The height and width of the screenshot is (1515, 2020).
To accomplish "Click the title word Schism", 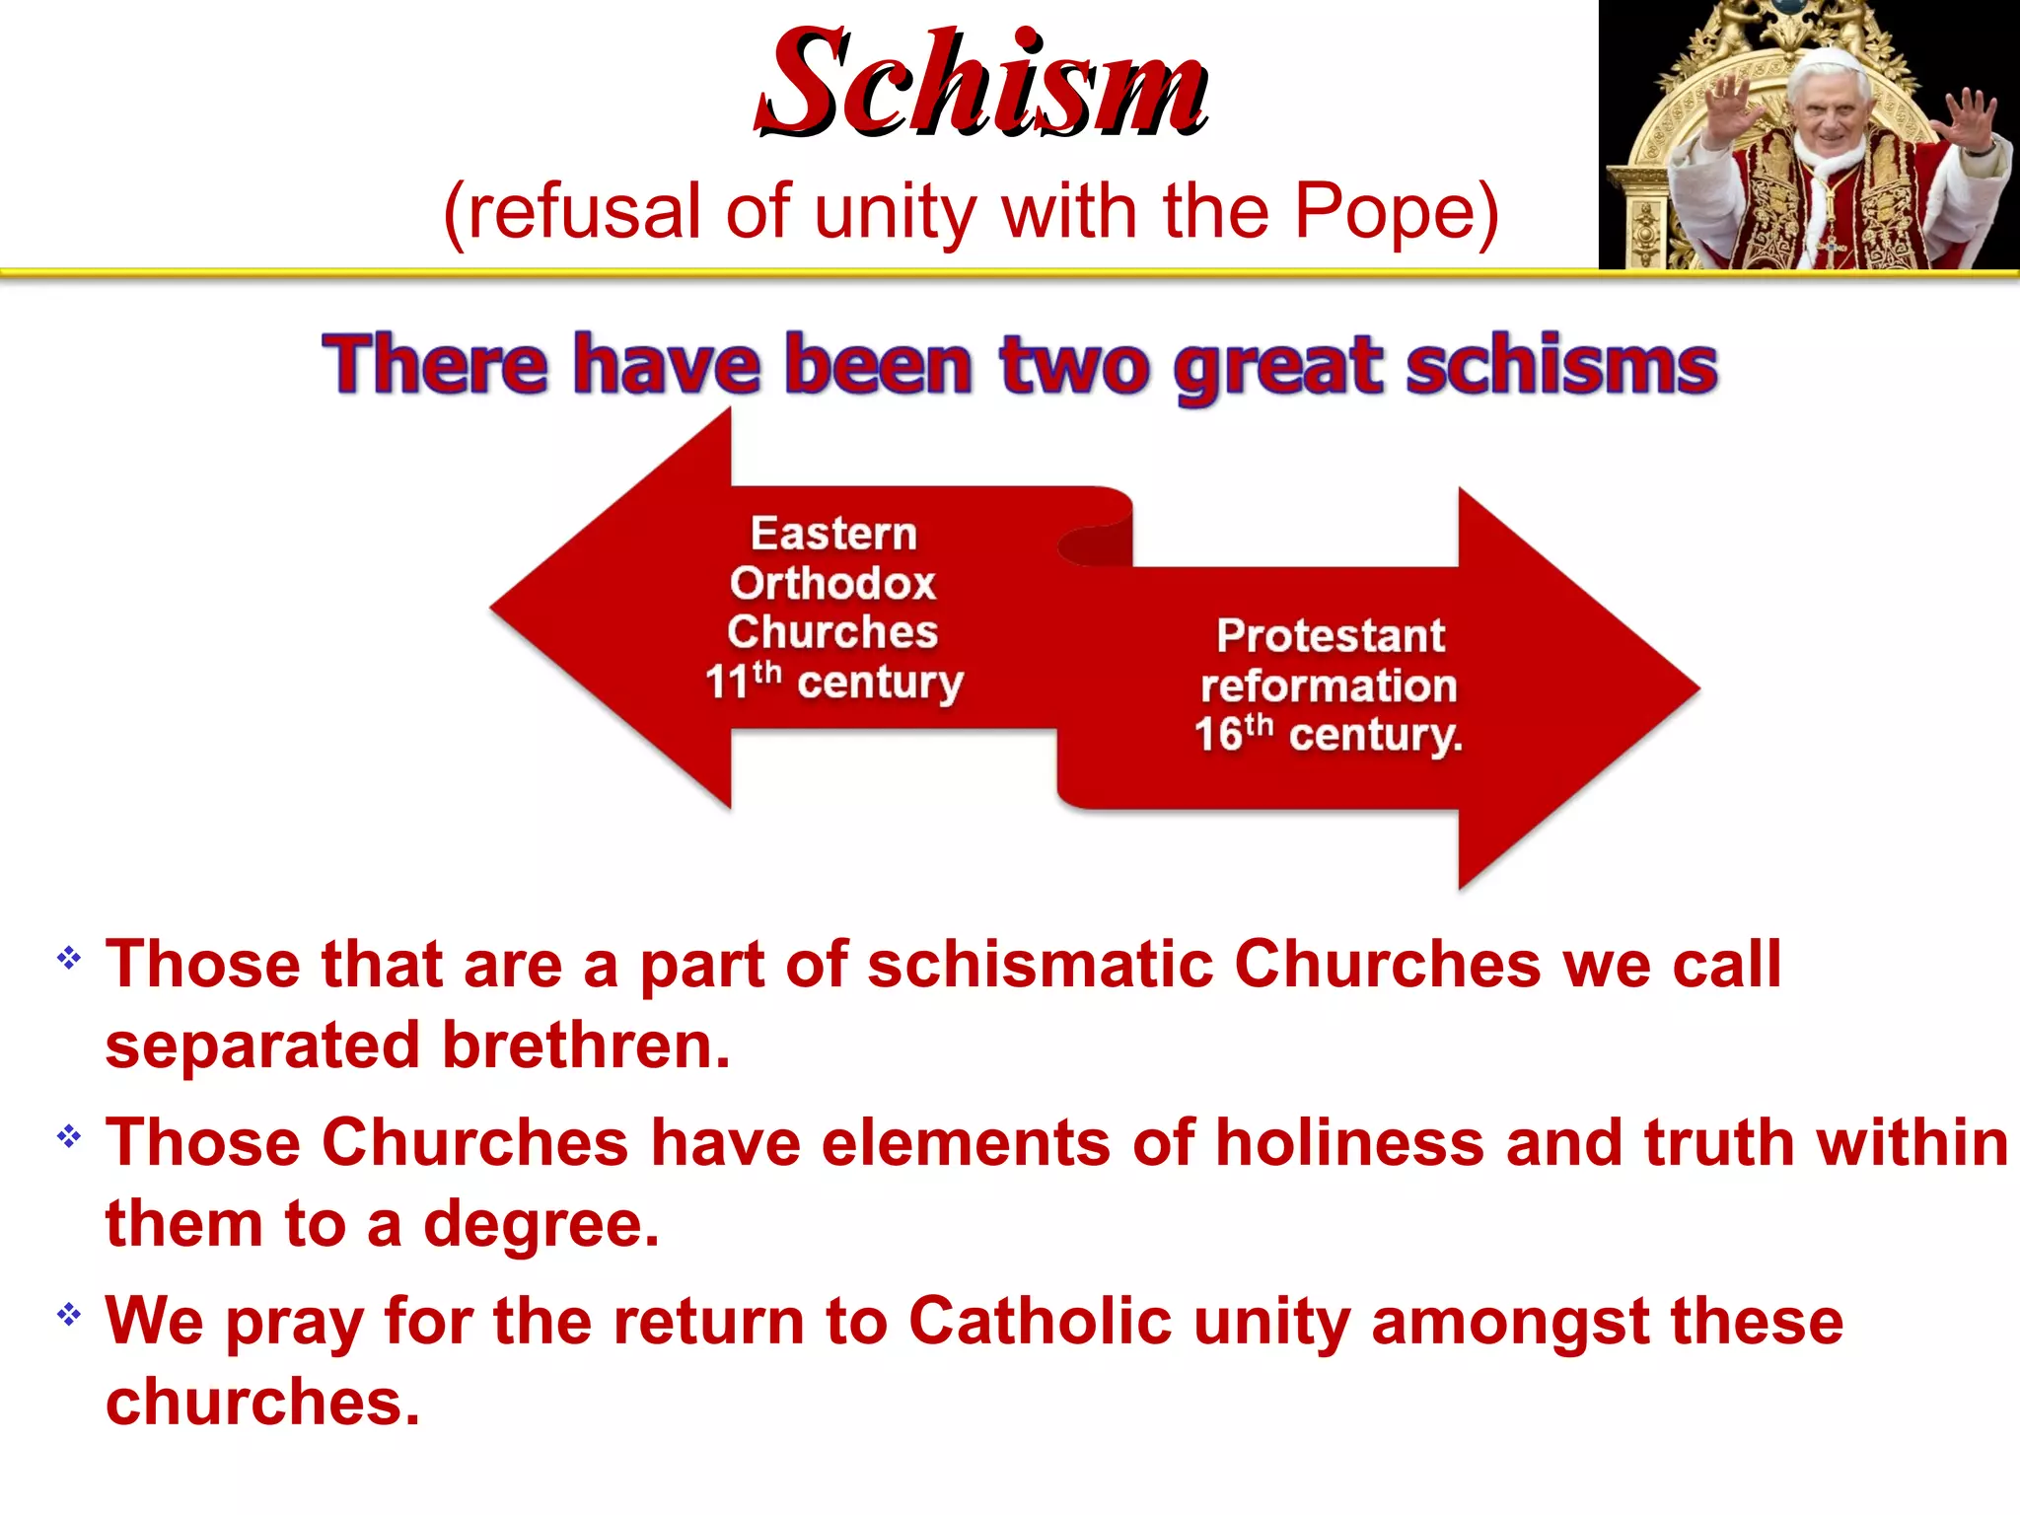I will [x=981, y=84].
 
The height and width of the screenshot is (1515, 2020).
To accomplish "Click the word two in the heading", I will [x=1074, y=367].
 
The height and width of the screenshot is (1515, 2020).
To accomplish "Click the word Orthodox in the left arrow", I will [x=832, y=583].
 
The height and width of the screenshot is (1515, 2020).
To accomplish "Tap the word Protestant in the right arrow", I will [x=1331, y=636].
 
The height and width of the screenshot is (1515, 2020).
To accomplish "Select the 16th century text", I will [x=1328, y=735].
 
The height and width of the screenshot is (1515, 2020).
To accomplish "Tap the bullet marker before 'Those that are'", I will [x=69, y=958].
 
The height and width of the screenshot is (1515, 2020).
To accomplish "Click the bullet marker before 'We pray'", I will [x=69, y=1315].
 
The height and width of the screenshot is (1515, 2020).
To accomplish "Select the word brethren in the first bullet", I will [x=586, y=1046].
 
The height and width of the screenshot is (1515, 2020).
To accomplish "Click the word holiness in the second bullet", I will [x=1349, y=1143].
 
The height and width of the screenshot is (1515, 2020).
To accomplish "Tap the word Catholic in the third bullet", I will [x=1040, y=1322].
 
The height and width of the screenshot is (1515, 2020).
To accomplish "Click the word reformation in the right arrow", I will [x=1329, y=686].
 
